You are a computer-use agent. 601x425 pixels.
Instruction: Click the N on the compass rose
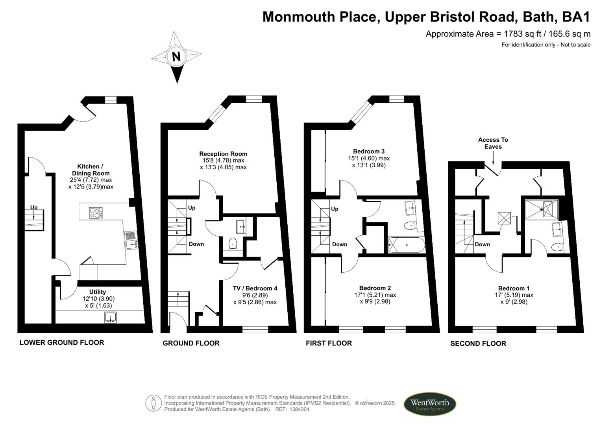coord(176,56)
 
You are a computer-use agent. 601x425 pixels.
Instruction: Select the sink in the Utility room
coord(111,317)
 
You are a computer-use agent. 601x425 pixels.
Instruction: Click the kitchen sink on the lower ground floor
coord(131,240)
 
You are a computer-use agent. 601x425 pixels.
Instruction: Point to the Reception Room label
coord(223,154)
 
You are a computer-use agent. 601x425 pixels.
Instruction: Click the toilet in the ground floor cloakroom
coord(233,244)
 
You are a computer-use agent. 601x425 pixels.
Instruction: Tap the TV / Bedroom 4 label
coord(255,288)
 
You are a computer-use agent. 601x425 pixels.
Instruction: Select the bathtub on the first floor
coord(406,245)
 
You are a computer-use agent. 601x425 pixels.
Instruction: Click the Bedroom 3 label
coord(369,152)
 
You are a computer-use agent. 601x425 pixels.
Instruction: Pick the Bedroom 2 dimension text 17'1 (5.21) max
coord(375,295)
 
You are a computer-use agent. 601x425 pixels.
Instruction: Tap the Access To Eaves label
coord(493,143)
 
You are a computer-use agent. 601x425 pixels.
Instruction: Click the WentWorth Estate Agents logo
coord(429,404)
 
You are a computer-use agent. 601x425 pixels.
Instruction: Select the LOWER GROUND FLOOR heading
coord(62,343)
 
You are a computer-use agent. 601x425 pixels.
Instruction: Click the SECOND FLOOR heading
coord(478,344)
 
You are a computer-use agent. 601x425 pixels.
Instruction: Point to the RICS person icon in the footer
coord(153,403)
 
